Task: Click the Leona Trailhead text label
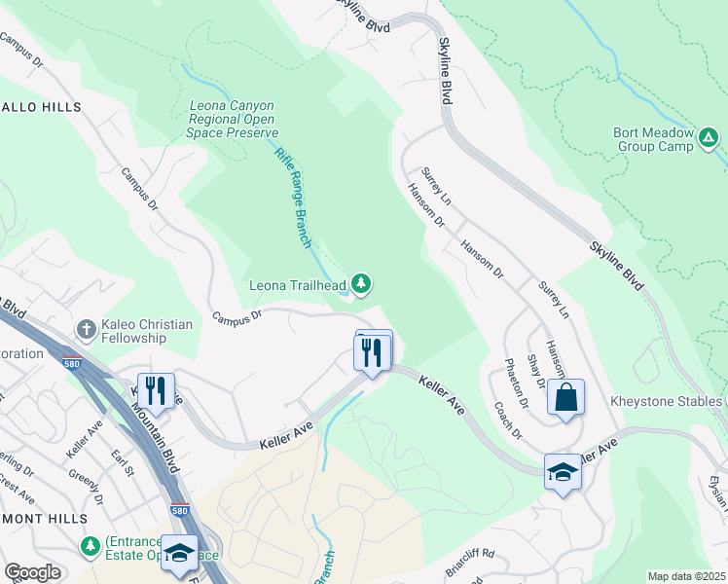coord(297,285)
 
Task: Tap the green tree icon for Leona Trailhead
coord(361,283)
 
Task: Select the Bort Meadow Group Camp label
coord(653,140)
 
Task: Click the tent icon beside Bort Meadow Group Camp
coord(710,141)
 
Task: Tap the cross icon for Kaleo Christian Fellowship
coord(87,329)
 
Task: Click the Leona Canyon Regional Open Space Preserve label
coord(232,119)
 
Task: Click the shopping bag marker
coord(565,397)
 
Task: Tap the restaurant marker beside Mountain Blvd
coord(156,390)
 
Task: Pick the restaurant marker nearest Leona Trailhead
coord(372,352)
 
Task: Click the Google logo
coord(32,572)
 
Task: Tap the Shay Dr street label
coord(534,370)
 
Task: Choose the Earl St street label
coord(121,463)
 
